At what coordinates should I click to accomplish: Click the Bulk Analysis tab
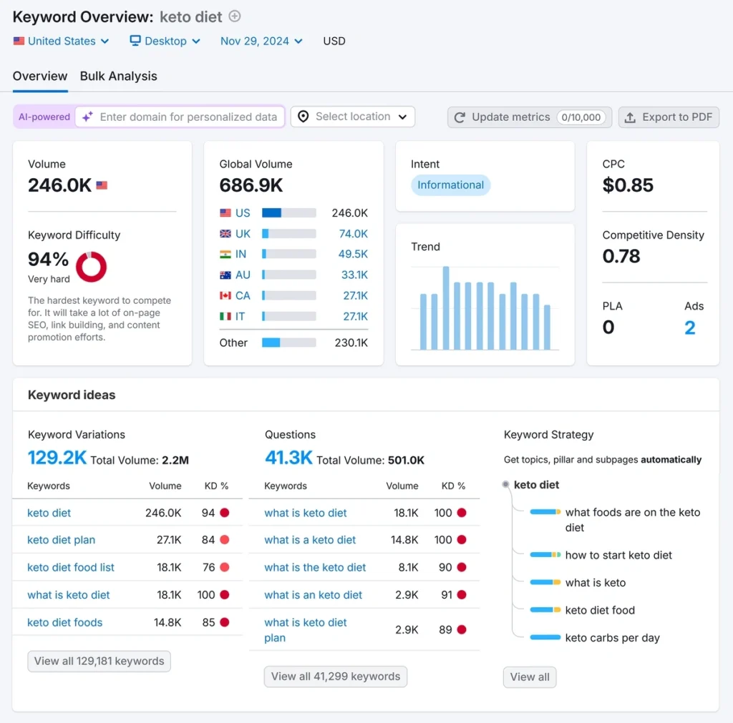pos(118,77)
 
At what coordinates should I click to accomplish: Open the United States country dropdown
pos(62,41)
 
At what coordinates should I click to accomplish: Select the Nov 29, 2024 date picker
pos(261,41)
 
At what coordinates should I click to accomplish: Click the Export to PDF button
pos(669,117)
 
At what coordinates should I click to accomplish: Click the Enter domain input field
pos(188,117)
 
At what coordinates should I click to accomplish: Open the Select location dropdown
pos(352,117)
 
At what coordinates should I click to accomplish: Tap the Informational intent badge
pos(450,185)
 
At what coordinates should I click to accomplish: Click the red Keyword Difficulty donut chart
pos(91,267)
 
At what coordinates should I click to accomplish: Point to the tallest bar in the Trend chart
pos(446,308)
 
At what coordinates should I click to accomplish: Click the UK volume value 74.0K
pos(353,234)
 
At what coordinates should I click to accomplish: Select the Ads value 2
pos(689,328)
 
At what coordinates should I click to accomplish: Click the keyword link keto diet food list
pos(71,568)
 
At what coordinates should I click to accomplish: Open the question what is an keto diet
pos(313,595)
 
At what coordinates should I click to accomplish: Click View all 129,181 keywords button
pos(99,661)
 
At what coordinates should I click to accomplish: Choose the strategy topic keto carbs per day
pos(612,638)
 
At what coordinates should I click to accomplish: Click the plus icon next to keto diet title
pos(235,16)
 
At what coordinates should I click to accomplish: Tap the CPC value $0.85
pos(628,186)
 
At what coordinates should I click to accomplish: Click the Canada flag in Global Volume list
pos(225,295)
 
